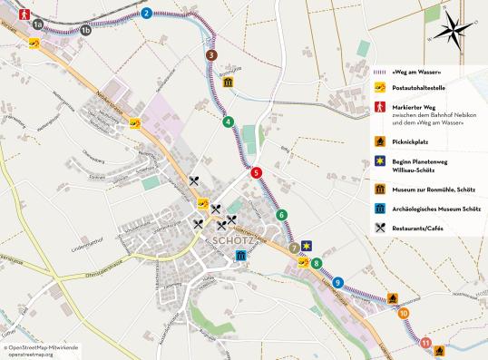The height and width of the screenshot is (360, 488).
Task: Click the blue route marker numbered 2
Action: click(x=147, y=13)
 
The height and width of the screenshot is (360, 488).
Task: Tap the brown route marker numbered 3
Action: click(x=210, y=55)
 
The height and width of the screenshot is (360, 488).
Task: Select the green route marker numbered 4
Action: click(x=229, y=122)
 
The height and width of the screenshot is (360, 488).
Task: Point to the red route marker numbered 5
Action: click(x=256, y=172)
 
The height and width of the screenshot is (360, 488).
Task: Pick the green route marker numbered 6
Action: click(x=282, y=215)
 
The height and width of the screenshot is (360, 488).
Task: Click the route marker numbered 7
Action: click(x=294, y=248)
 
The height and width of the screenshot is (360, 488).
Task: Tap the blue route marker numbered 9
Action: click(x=337, y=283)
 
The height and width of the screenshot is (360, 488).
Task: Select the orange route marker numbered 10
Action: click(x=403, y=314)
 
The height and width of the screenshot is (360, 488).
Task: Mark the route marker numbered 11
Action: click(x=425, y=343)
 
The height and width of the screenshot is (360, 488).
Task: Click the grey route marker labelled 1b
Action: click(x=86, y=31)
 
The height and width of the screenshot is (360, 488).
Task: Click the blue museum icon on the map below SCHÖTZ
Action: click(x=240, y=258)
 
